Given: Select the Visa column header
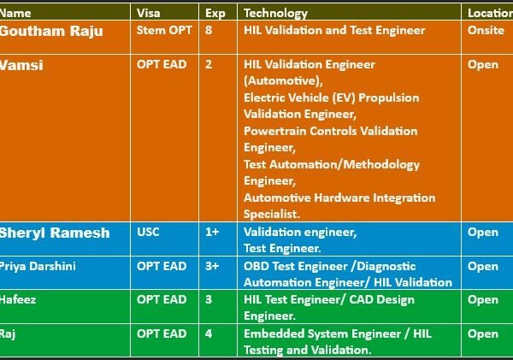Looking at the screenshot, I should tap(148, 13).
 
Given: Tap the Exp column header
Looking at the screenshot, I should tap(215, 13).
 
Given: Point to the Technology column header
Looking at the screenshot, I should tap(275, 13).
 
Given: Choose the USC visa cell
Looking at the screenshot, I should tap(148, 232).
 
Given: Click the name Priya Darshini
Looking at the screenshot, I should tap(38, 266).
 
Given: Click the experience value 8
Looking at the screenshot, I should tap(209, 30).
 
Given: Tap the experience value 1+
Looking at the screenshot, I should tap(211, 232).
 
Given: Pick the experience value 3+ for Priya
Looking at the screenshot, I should tap(211, 266).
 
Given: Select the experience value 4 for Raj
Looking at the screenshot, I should tap(209, 333).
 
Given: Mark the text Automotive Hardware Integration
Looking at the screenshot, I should tap(339, 198).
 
